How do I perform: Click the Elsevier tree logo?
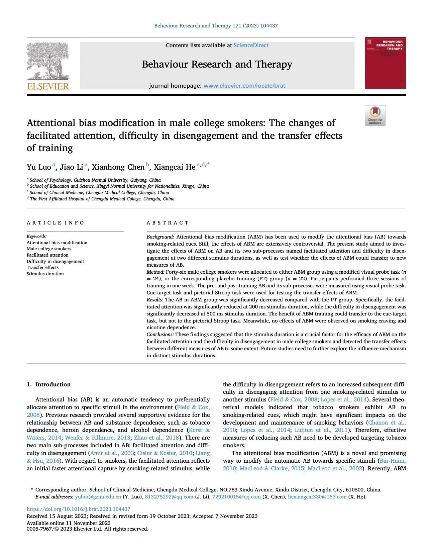48,61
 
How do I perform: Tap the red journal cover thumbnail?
385,63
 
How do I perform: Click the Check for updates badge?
375,116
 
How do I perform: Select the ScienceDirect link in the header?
251,45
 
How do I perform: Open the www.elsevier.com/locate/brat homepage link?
244,86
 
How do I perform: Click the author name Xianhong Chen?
118,167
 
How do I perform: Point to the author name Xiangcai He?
174,167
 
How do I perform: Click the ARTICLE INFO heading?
56,223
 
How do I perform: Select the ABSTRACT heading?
168,223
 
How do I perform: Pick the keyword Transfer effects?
42,268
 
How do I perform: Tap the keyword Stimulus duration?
45,274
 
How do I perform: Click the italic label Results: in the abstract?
155,300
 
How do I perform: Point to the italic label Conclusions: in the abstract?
160,335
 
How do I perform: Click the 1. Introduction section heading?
49,384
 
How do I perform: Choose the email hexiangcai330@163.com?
317,497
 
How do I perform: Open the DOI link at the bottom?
79,509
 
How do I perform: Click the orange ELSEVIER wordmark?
48,86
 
